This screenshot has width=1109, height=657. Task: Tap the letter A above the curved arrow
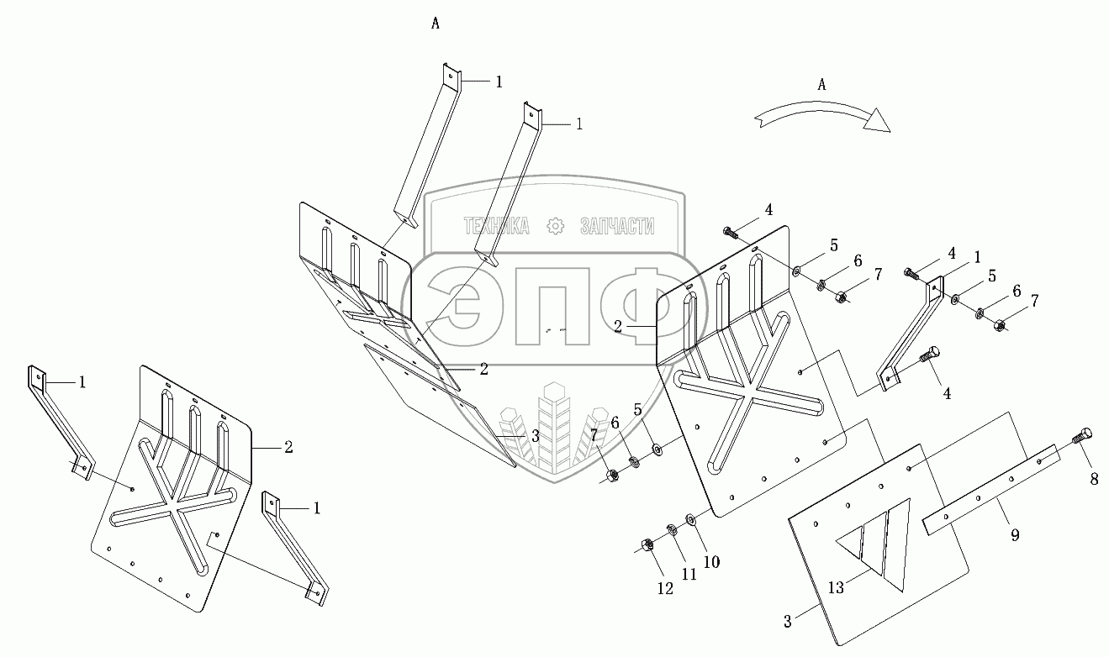tap(822, 84)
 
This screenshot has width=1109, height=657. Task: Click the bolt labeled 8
tap(1083, 436)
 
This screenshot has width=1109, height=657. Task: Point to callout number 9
tap(1015, 533)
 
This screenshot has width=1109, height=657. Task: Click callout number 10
tap(710, 561)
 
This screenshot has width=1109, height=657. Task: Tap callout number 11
tap(688, 576)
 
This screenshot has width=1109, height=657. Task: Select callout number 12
tap(666, 588)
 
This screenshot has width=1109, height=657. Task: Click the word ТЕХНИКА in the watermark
tap(496, 225)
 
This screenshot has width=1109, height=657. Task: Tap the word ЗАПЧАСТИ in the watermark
tap(617, 225)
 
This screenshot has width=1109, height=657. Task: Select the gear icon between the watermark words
tap(555, 225)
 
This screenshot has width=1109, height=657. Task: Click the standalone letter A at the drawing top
tap(436, 24)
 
